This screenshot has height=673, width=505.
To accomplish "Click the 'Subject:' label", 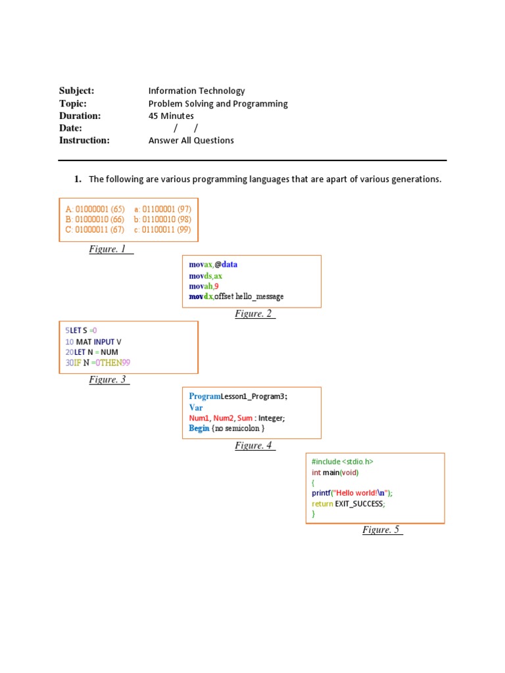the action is click(77, 91).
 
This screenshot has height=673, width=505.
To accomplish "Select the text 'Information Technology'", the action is click(197, 91).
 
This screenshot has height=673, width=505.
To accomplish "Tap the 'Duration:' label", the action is click(80, 116).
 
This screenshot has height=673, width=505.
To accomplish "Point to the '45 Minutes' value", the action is click(171, 116).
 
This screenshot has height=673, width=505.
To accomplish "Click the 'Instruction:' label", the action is click(84, 140).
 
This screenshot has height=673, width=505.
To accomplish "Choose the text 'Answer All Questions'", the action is click(191, 140).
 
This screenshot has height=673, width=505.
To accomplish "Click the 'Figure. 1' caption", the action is click(108, 249).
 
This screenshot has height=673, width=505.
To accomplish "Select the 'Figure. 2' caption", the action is click(254, 313).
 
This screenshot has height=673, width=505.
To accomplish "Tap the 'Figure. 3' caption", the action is click(108, 379).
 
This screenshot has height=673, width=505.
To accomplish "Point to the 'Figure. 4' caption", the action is click(254, 446).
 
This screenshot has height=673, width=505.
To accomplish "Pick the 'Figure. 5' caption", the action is click(381, 530).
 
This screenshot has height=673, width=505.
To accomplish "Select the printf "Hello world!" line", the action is click(356, 493).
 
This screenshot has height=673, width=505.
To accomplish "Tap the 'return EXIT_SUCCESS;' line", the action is click(349, 503).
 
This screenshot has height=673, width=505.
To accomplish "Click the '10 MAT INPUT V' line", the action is click(93, 342).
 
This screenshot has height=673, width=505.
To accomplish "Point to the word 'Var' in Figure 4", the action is click(196, 407).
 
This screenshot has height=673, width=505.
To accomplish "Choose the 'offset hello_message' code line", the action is click(237, 296).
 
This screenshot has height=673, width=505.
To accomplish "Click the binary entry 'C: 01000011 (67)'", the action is click(95, 229).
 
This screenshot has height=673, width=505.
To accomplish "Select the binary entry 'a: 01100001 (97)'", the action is click(162, 209).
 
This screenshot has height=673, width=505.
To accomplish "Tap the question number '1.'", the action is click(77, 179).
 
